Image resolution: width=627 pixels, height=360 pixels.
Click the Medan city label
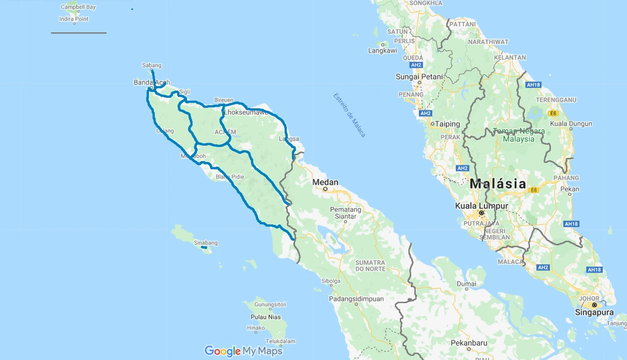pyautogui.click(x=325, y=182)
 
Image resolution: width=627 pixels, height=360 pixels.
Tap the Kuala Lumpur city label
pyautogui.click(x=481, y=205)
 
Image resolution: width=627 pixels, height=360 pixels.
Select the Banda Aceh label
pyautogui.click(x=152, y=83)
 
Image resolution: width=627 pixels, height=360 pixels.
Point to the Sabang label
pyautogui.click(x=152, y=65)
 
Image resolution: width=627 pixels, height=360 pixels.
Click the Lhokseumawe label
pyautogui.click(x=246, y=112)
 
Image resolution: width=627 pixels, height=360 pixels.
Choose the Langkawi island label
pyautogui.click(x=382, y=51)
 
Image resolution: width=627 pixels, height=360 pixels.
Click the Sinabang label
pyautogui.click(x=205, y=243)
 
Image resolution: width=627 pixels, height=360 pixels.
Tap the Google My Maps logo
pyautogui.click(x=243, y=351)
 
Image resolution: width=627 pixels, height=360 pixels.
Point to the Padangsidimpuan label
pyautogui.click(x=356, y=299)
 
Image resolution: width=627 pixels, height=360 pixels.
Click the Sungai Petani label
pyautogui.click(x=419, y=77)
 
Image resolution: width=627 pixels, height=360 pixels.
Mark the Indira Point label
pyautogui.click(x=74, y=19)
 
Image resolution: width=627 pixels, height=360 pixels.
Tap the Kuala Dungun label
pyautogui.click(x=571, y=124)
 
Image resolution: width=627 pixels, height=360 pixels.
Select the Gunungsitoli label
pyautogui.click(x=271, y=304)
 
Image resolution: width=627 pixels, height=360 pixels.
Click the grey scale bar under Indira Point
pyautogui.click(x=78, y=33)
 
